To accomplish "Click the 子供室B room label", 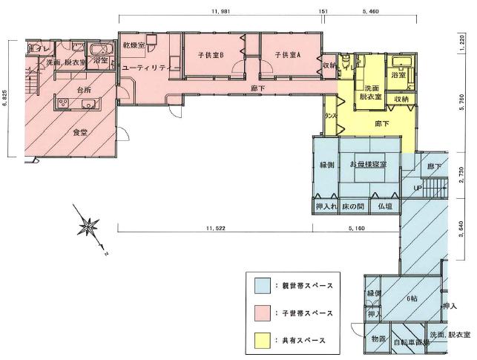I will pos(211,55).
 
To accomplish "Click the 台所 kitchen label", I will pos(67,91).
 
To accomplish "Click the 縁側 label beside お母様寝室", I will pos(328,163).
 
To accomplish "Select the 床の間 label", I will pos(352,205).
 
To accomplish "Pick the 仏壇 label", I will pos(384,205).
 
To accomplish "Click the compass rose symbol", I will pos(91,226).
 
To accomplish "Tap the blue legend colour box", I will pos(261,286).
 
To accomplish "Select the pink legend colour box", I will pos(261,312).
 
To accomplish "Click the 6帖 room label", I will pos(412,298).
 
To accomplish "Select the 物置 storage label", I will pos(378,339).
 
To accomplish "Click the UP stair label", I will pos(418,189).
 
